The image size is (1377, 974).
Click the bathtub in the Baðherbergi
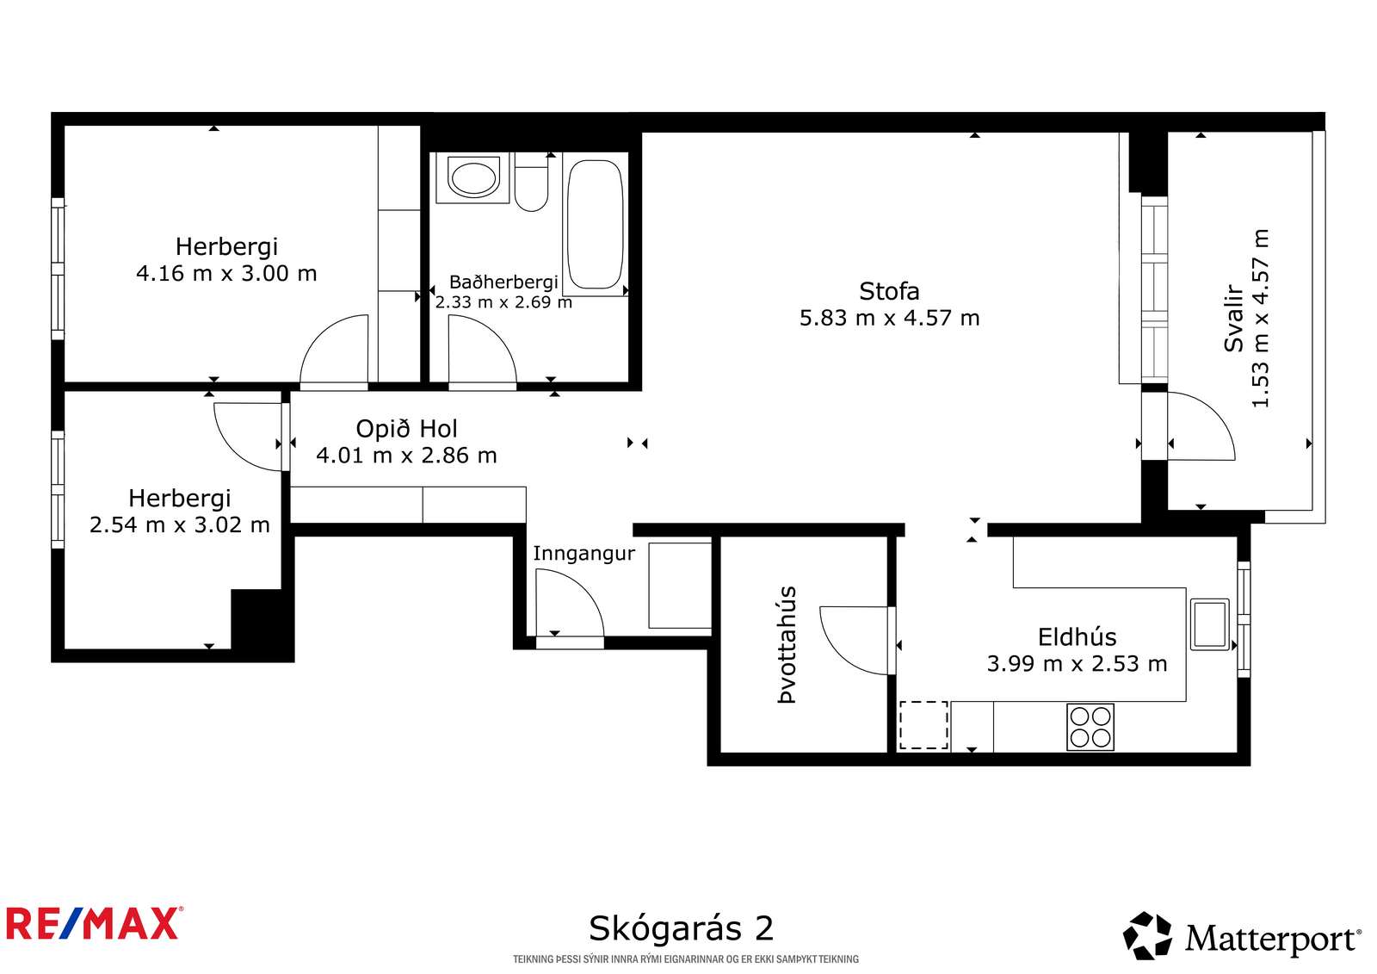[x=595, y=225]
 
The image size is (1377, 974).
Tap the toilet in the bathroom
[x=531, y=183]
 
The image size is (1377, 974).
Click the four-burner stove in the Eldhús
[x=1090, y=727]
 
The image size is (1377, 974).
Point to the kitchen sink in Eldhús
[x=1209, y=623]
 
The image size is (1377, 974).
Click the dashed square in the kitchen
[x=923, y=725]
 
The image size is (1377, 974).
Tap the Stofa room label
[x=889, y=291]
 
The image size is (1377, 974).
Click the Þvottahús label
[x=787, y=644]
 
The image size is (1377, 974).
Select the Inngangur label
[x=584, y=553]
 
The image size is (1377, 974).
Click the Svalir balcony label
[x=1233, y=318]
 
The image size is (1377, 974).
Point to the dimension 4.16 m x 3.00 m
[x=226, y=273]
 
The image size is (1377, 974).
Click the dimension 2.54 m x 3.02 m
[x=180, y=524]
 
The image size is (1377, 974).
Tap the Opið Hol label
[x=406, y=429]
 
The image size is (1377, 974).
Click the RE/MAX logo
[x=95, y=923]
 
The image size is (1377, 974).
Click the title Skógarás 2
[x=681, y=927]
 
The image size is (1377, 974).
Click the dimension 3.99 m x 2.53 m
[x=1077, y=664]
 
